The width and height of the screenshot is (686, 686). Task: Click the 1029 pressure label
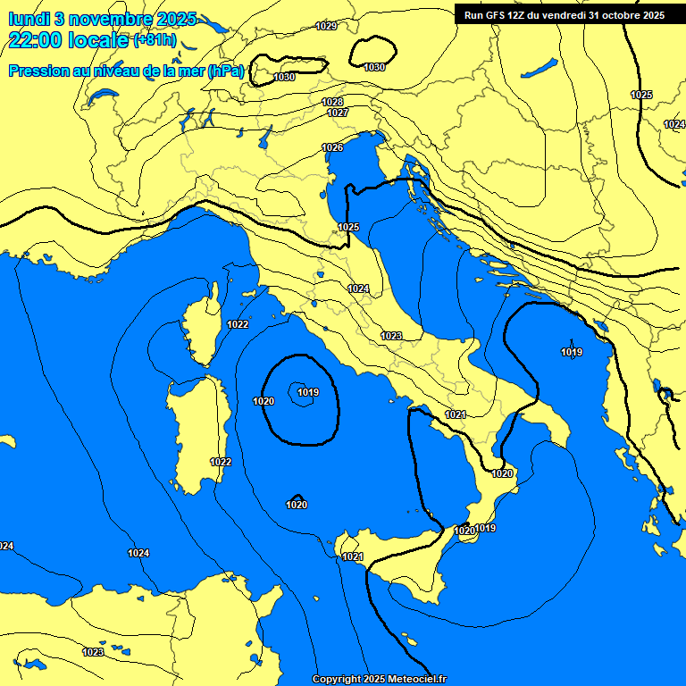[327, 26]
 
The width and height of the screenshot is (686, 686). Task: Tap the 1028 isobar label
[333, 103]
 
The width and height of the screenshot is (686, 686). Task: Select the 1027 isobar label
[338, 113]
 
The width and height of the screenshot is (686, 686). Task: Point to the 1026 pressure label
[332, 147]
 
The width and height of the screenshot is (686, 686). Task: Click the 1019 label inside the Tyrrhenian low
[308, 392]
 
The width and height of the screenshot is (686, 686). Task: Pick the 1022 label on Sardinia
[221, 462]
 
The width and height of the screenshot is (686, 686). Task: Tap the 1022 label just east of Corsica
[238, 324]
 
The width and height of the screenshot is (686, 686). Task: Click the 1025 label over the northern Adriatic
[348, 228]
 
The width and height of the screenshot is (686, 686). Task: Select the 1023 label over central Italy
[391, 336]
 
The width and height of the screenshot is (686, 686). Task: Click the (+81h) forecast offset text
[155, 41]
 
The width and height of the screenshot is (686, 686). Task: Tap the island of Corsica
[205, 330]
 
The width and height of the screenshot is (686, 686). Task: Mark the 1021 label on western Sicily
[353, 556]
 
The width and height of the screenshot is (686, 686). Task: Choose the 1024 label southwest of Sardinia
[138, 553]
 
